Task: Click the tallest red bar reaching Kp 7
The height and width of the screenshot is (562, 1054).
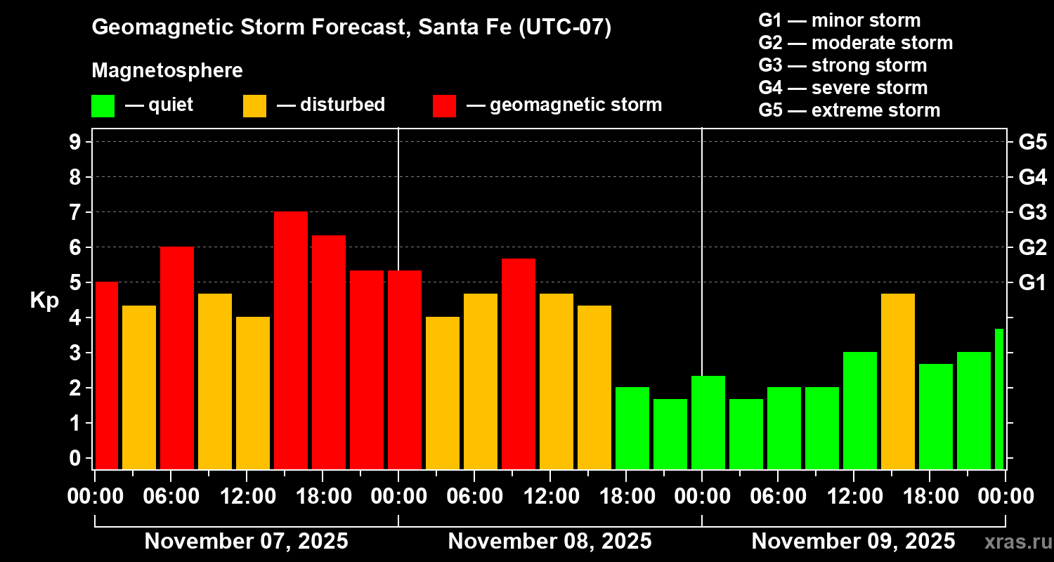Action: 291,340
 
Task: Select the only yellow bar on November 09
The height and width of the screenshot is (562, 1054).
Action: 898,381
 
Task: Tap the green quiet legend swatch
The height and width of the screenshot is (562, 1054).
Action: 103,105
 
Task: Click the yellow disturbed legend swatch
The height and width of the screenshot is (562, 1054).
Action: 254,105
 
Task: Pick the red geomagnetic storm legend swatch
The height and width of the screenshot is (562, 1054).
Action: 444,105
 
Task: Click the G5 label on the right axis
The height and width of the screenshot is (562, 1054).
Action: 1032,143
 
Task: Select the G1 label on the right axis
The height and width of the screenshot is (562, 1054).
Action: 1032,283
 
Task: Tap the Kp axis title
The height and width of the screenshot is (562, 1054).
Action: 44,300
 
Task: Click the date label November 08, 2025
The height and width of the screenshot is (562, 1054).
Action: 549,542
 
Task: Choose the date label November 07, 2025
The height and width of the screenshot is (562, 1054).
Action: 246,542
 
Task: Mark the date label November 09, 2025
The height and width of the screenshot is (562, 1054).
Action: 853,542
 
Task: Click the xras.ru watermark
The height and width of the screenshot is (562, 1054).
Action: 1015,542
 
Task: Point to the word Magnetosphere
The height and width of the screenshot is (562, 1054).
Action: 167,71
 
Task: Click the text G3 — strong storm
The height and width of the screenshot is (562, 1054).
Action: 842,65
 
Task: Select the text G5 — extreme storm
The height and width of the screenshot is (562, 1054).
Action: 849,110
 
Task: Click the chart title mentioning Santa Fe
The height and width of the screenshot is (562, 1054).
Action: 351,27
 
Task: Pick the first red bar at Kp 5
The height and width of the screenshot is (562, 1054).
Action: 107,375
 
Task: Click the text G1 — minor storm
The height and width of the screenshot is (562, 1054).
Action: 839,20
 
